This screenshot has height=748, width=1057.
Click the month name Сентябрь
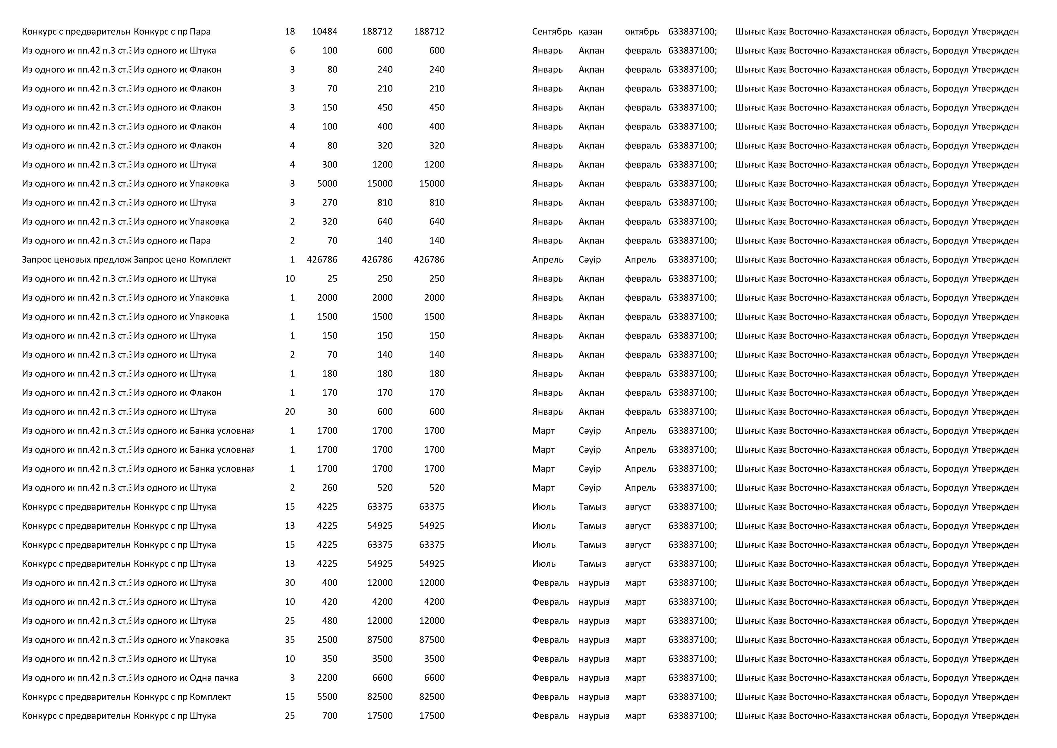[x=552, y=32]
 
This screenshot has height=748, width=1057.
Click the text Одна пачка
[x=214, y=677]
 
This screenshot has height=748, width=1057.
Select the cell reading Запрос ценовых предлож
[x=77, y=260]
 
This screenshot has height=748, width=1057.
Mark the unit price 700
[x=330, y=716]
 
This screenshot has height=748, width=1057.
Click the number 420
[x=330, y=601]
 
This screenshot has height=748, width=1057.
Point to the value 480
[x=330, y=620]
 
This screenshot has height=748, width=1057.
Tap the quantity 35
[x=290, y=640]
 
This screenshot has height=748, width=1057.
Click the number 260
[x=330, y=488]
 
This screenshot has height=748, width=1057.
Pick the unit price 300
[x=330, y=164]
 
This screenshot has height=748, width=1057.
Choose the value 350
[x=330, y=659]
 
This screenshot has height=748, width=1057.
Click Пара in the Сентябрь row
[x=200, y=32]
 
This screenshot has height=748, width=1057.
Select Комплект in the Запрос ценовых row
[x=210, y=260]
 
